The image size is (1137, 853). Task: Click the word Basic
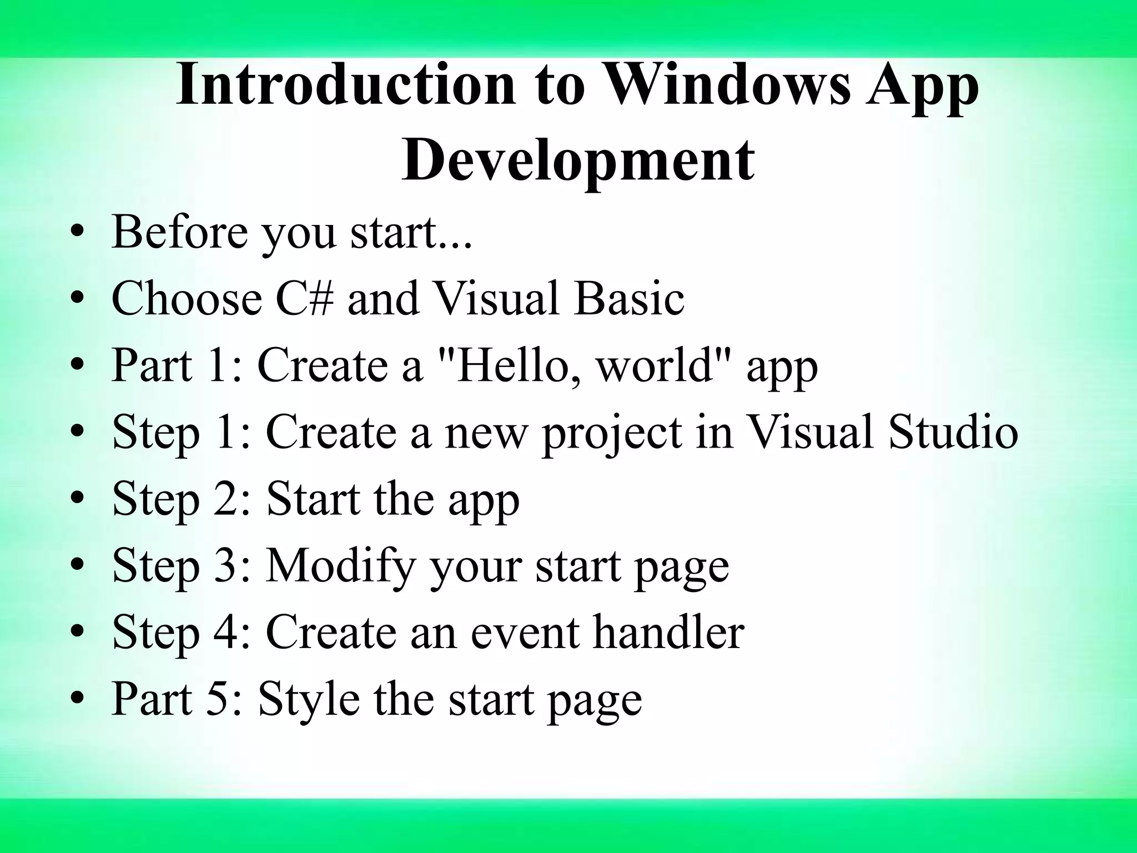click(x=629, y=299)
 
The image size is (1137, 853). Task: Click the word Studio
click(x=953, y=433)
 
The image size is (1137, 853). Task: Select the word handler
click(x=668, y=633)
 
